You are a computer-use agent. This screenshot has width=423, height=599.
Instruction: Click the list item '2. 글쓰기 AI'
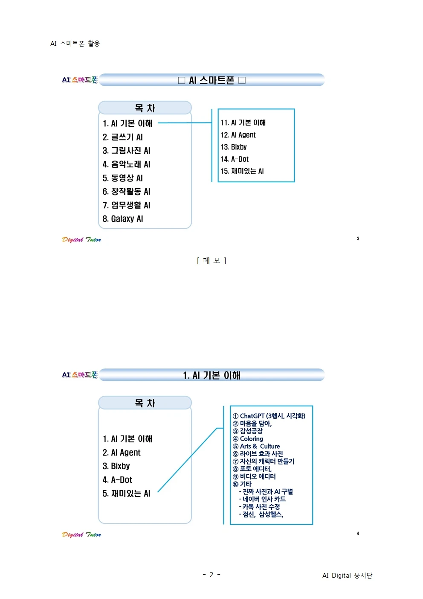tap(122, 137)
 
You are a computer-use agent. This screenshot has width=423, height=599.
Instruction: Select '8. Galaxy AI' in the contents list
tap(123, 219)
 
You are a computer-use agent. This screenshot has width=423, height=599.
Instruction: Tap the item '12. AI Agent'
tap(238, 135)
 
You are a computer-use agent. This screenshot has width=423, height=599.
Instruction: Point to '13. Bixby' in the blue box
tap(234, 147)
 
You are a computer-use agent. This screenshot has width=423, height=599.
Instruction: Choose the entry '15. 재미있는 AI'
tap(242, 171)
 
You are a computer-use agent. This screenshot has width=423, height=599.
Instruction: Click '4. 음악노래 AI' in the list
tap(126, 164)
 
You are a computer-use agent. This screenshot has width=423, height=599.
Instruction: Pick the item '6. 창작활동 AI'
tap(126, 191)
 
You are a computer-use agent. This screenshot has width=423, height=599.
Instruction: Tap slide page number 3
tap(358, 239)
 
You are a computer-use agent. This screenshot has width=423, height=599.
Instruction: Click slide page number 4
tap(358, 533)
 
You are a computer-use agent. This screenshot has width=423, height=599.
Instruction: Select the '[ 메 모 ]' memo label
tap(211, 260)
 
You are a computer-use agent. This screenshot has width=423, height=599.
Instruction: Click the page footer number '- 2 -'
tap(211, 574)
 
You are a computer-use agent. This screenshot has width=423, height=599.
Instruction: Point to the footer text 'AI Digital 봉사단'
tap(347, 575)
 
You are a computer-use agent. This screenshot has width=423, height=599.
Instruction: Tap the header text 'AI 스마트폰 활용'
tap(75, 43)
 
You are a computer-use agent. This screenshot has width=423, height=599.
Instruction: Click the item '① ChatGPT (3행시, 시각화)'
tap(269, 416)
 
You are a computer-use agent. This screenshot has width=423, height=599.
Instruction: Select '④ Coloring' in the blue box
tap(248, 438)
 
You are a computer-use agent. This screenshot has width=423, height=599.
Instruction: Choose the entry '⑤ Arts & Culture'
tap(256, 446)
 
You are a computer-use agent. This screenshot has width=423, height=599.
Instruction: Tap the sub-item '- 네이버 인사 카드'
tap(262, 499)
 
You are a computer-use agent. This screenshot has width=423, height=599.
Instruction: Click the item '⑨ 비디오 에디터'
tap(254, 476)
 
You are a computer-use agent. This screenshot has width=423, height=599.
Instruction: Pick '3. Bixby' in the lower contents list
tap(116, 466)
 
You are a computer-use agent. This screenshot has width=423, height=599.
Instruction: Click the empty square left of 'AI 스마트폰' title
tap(182, 80)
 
